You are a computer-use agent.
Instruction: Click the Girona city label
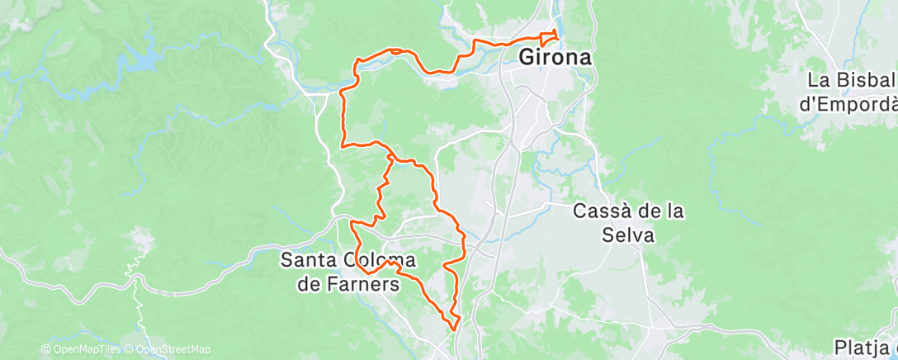(556, 59)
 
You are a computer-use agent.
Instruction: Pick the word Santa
(309, 259)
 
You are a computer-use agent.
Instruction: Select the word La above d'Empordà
(819, 81)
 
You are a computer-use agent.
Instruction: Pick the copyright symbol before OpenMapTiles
(46, 349)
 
